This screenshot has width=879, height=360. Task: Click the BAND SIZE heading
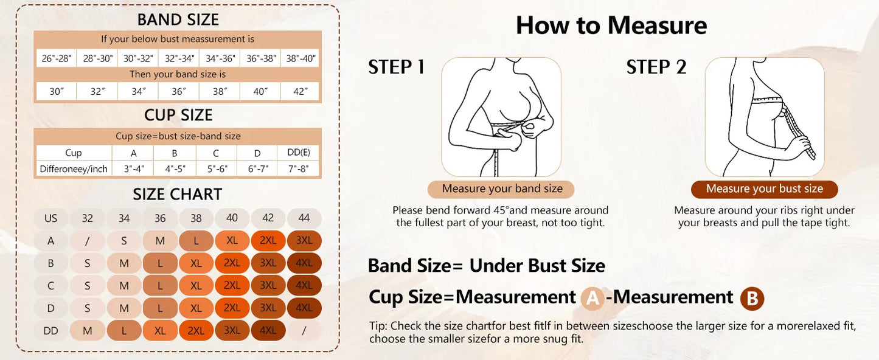click(178, 19)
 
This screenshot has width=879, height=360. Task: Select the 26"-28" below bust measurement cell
click(57, 58)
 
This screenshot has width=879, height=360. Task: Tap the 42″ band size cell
click(301, 91)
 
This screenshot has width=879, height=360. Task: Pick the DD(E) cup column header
click(298, 153)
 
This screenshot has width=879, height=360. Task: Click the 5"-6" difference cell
click(216, 169)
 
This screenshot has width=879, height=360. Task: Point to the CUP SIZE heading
click(178, 115)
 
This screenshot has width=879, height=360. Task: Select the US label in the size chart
click(51, 218)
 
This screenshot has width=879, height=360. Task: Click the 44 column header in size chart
click(304, 218)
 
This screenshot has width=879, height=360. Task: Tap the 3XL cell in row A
click(304, 241)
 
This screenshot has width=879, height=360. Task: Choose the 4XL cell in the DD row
click(268, 331)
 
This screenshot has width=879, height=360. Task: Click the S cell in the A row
click(123, 241)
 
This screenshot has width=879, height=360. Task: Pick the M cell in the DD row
click(87, 331)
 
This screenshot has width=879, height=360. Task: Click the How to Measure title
click(611, 26)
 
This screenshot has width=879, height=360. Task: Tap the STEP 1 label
click(396, 67)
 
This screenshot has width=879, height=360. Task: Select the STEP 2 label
click(656, 67)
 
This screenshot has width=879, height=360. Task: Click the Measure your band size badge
click(502, 189)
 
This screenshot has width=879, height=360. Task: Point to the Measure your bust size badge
click(764, 189)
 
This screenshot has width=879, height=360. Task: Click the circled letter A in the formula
click(592, 298)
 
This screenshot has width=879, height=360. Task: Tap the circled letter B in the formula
click(752, 298)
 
